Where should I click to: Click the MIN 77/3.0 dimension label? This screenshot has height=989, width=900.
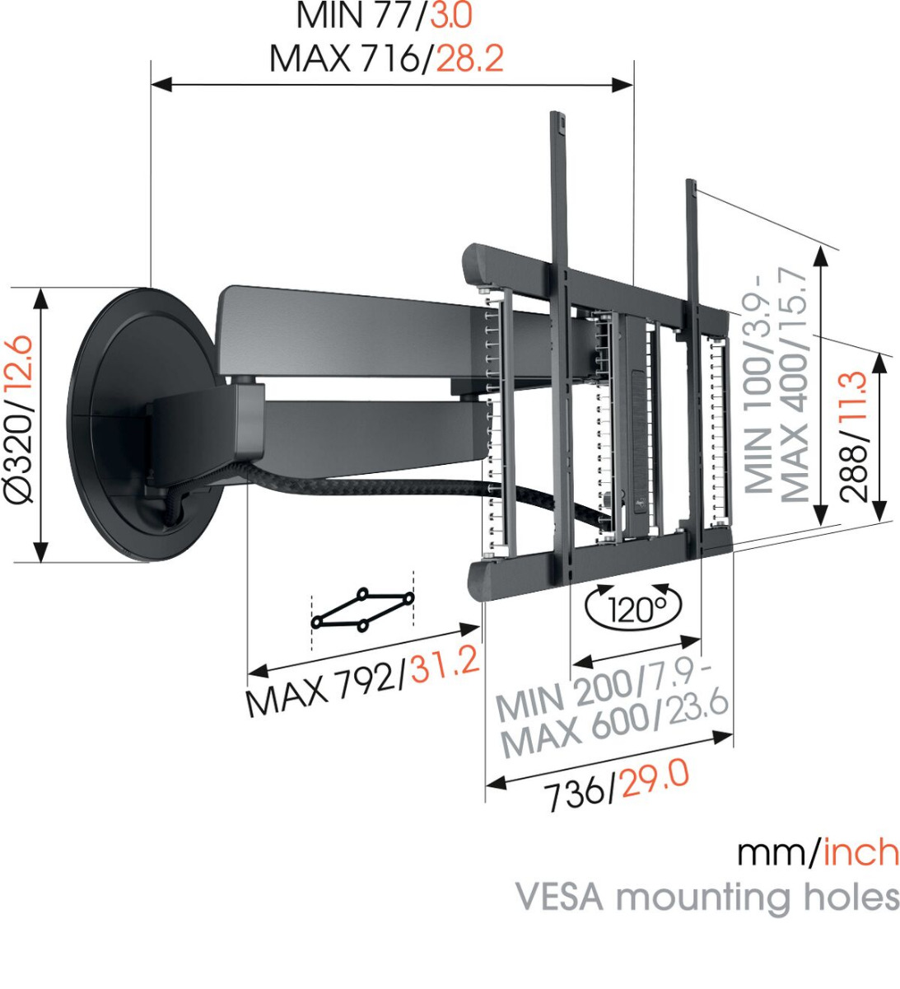click(384, 16)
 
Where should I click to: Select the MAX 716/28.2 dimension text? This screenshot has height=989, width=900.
click(385, 59)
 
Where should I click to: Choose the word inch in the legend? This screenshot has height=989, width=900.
click(860, 852)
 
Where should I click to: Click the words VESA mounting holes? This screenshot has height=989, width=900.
click(707, 896)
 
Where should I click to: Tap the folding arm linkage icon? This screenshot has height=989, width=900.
click(362, 610)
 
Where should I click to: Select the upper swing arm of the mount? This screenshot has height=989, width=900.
click(346, 330)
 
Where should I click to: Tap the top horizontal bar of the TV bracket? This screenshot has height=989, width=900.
click(593, 272)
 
